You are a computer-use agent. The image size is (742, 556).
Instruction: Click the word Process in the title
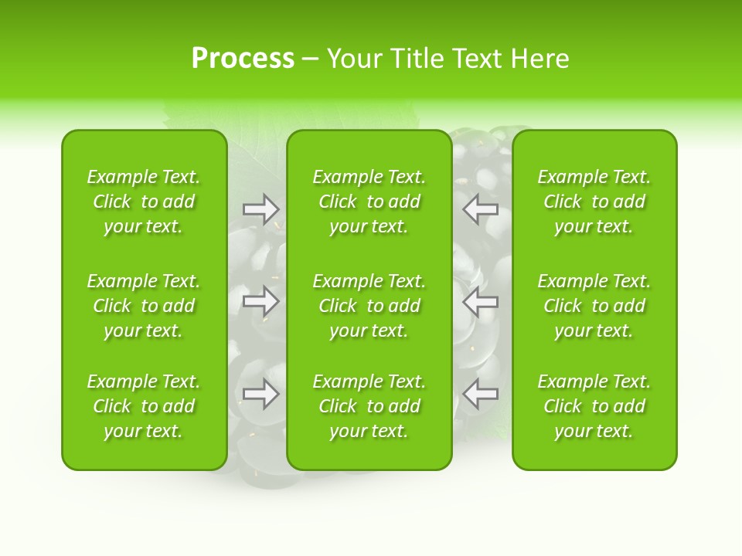point(243,59)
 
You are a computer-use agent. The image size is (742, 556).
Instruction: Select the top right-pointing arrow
point(261,208)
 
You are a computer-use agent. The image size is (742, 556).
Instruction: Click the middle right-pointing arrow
point(261,300)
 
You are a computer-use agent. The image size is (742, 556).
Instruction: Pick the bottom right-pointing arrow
point(261,394)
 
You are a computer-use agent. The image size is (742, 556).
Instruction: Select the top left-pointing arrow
point(481,208)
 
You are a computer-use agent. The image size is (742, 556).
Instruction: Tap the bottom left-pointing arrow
point(481,394)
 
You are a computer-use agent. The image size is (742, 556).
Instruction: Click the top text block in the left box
point(144,202)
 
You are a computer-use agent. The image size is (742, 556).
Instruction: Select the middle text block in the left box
point(144,306)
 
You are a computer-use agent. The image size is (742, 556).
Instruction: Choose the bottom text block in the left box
point(144,406)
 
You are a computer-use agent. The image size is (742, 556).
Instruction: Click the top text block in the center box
point(369,202)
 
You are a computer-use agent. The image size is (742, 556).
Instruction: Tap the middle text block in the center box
point(369,306)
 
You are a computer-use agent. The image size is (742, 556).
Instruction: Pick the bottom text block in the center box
point(369,406)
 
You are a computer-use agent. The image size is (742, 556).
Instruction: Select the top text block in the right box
point(594,202)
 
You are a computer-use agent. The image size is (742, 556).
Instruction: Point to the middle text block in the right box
point(594,306)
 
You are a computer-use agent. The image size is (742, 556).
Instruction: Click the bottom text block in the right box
point(594,406)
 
